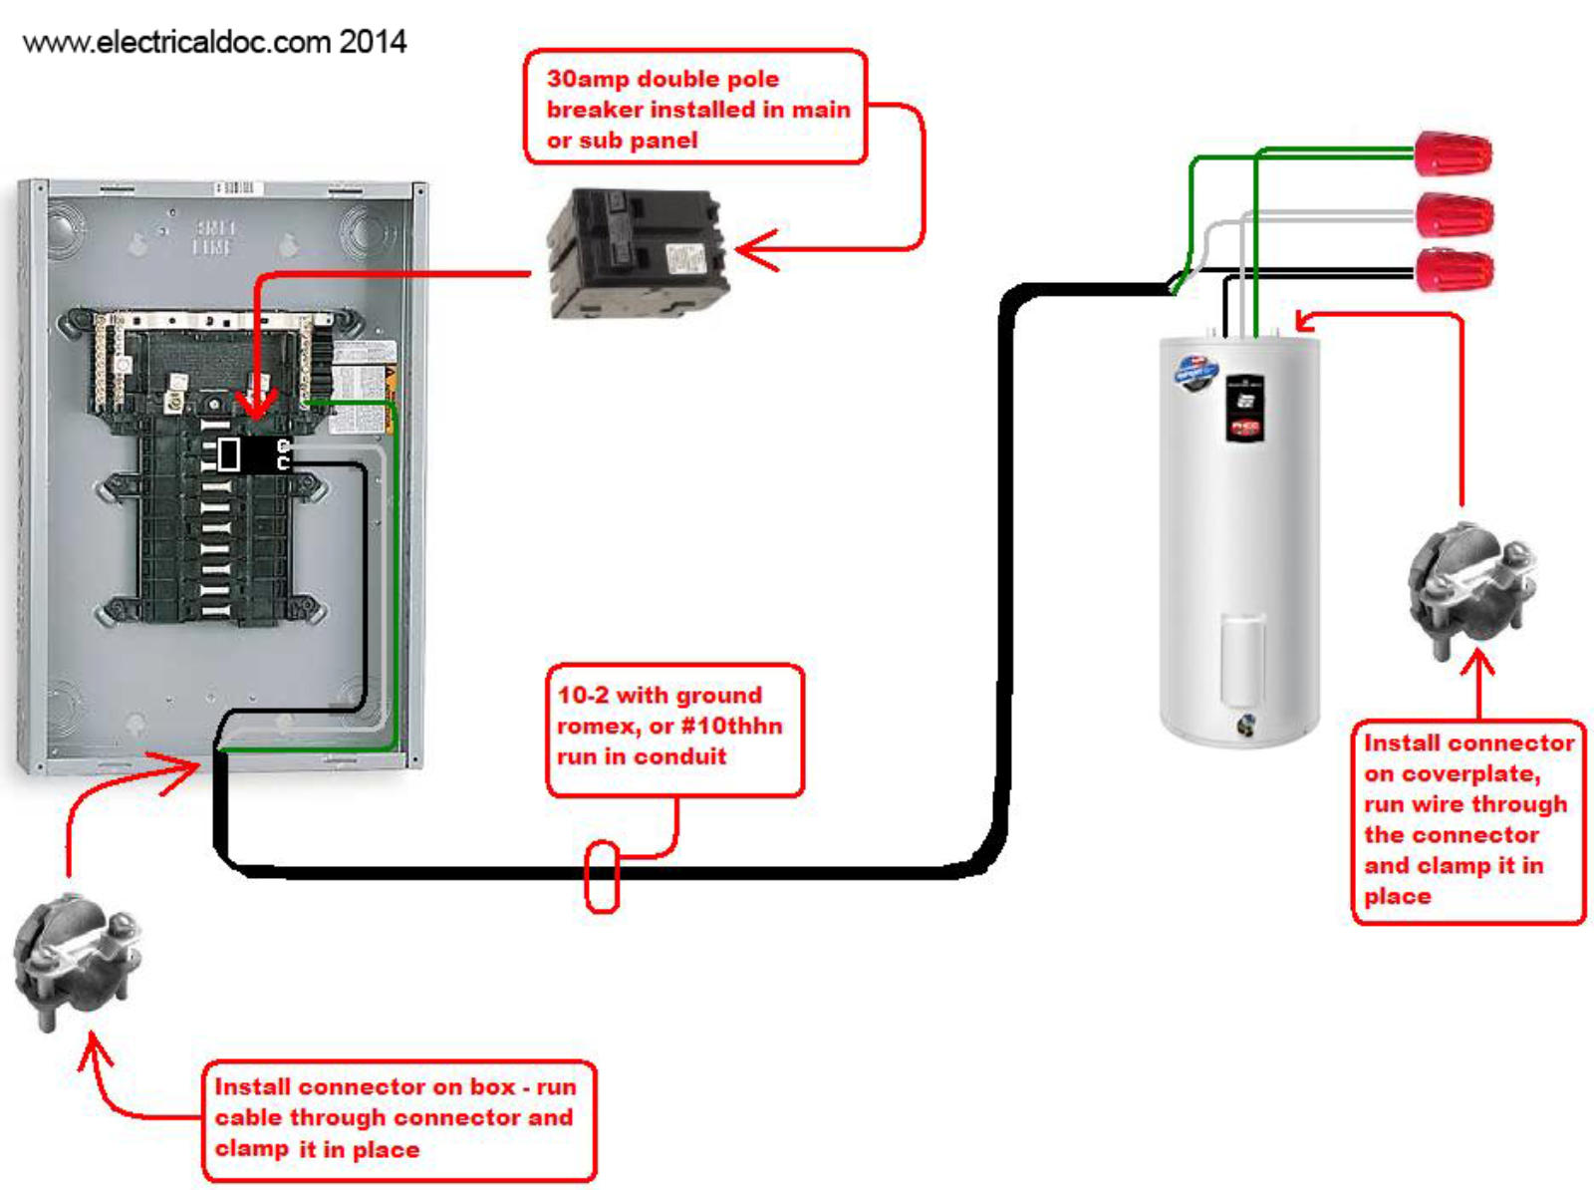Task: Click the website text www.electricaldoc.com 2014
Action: coord(214,42)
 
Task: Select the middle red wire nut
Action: coord(1455,215)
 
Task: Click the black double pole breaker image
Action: coord(636,253)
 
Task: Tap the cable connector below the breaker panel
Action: coord(76,962)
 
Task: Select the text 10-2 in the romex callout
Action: coord(583,696)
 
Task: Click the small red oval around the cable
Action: coord(601,876)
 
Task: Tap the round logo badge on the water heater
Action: coord(1195,370)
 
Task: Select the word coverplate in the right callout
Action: coord(1470,774)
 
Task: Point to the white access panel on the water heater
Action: coord(1242,658)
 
